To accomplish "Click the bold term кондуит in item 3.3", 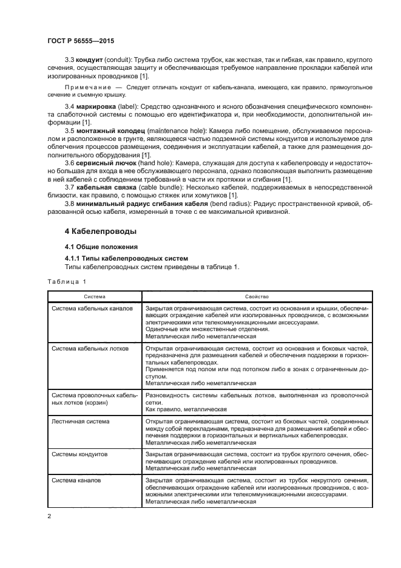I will point(88,61).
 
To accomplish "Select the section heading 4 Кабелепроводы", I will point(100,231).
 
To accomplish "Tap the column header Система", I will point(95,296).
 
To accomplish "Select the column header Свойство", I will point(257,296).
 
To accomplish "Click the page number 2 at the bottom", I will point(49,516).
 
